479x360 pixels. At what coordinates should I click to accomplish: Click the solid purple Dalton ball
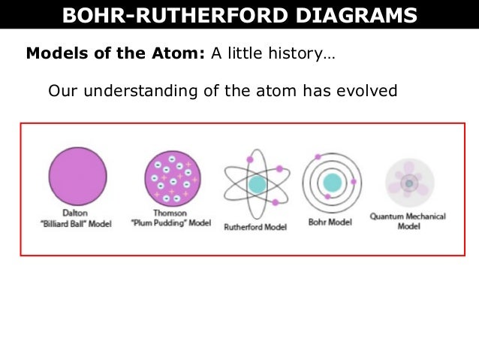[x=77, y=176]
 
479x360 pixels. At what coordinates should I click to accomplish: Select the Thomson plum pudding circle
[x=172, y=178]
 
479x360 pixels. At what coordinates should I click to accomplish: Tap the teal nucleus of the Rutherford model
[x=258, y=183]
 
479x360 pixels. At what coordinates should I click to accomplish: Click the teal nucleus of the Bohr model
[x=332, y=182]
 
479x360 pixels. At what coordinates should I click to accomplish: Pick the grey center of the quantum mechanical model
[x=409, y=182]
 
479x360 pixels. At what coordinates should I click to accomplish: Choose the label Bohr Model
[x=331, y=222]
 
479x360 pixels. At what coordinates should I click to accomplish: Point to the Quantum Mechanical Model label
[x=408, y=221]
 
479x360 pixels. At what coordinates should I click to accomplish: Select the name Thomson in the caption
[x=172, y=213]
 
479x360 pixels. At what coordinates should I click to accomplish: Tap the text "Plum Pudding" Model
[x=172, y=222]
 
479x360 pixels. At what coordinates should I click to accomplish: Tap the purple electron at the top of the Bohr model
[x=318, y=157]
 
